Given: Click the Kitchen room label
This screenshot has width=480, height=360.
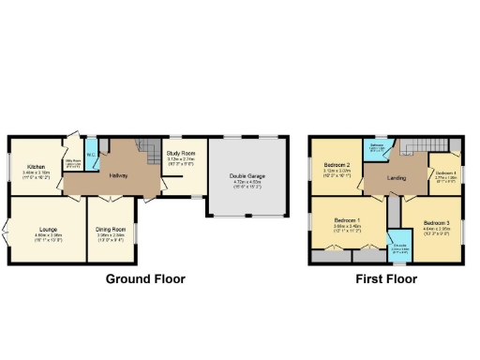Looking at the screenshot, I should coord(37,160).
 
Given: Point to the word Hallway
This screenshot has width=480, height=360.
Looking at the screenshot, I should coord(118,175).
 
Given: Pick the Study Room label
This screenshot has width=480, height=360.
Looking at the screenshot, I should coord(180,152).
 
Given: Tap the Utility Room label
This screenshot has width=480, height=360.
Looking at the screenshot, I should coord(71,162).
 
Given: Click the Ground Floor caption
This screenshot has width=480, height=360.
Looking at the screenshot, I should coord(145,278).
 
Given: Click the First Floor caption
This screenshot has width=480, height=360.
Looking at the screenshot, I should coord(386,278).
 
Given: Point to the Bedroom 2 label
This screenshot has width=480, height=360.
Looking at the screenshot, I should coord(337,165).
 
